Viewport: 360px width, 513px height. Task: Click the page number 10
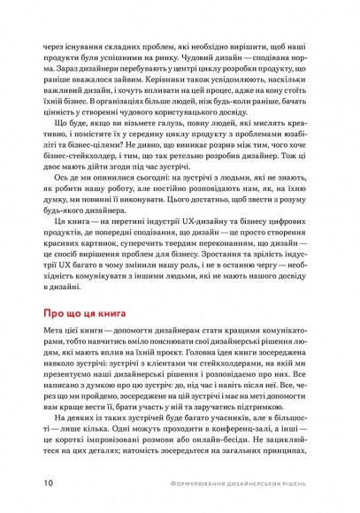click(45, 484)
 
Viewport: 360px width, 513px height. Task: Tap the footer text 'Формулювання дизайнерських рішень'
click(234, 484)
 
